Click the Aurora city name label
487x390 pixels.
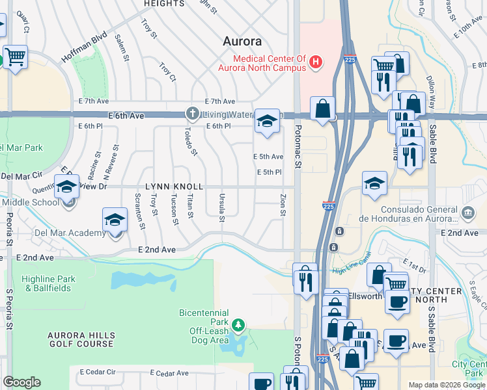(x=242, y=41)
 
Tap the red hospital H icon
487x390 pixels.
(x=316, y=62)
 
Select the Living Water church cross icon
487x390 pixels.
(x=192, y=114)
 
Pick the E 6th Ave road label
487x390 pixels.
(x=126, y=115)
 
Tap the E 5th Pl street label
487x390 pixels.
(x=268, y=172)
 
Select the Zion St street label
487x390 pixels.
(x=283, y=205)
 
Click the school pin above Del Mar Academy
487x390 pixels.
(x=115, y=220)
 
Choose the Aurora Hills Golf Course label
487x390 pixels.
(x=81, y=340)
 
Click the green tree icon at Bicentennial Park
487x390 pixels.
(x=239, y=324)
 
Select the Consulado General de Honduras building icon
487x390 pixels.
(x=467, y=214)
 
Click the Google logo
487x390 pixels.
(x=21, y=382)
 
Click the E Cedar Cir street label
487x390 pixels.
(x=98, y=372)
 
